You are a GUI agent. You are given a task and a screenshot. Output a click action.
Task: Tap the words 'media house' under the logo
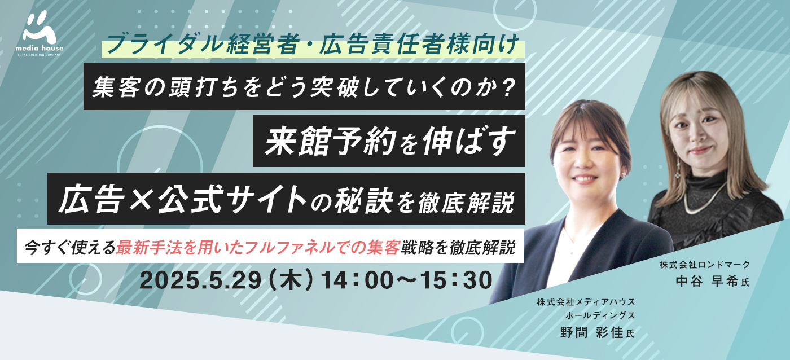pyautogui.click(x=39, y=49)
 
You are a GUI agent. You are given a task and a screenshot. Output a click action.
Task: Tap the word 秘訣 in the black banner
pyautogui.click(x=364, y=200)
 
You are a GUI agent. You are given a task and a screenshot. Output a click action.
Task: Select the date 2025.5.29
pyautogui.click(x=200, y=280)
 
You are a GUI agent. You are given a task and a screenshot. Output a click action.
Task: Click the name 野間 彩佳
pyautogui.click(x=592, y=332)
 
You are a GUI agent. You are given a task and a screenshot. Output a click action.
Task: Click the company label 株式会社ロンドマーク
pyautogui.click(x=705, y=265)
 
